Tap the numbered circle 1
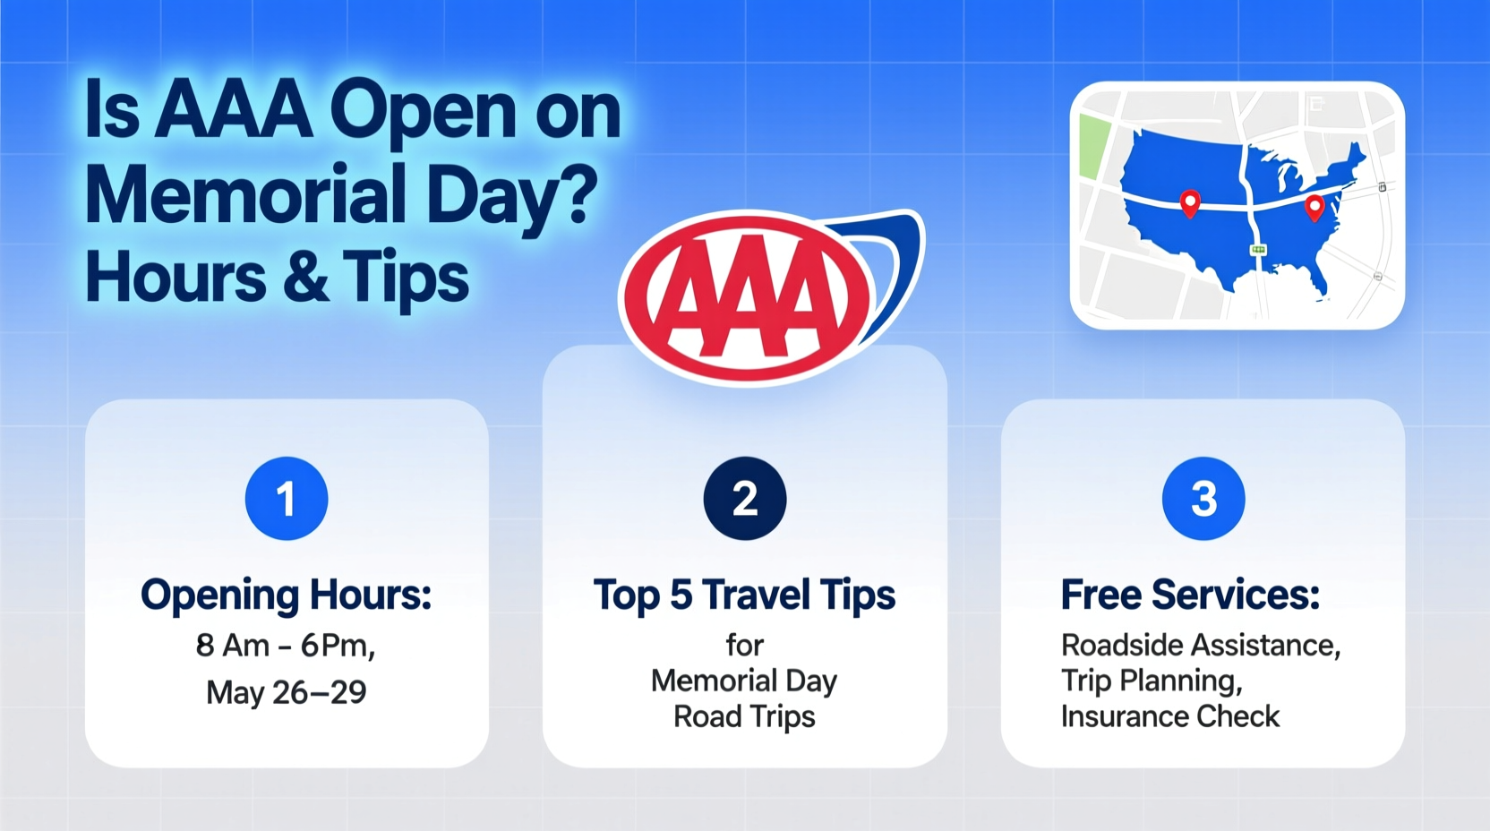(287, 499)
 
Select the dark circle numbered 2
(745, 499)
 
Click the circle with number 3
(1203, 499)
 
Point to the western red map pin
(1190, 202)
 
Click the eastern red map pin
(1314, 207)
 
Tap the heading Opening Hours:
(287, 595)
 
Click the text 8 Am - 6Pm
(285, 646)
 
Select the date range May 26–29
(287, 692)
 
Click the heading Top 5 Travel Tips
(744, 595)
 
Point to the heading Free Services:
(1190, 595)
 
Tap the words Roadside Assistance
(1200, 646)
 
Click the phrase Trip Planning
(1152, 681)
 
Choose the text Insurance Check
(1169, 716)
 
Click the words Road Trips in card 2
(744, 717)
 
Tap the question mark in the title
(581, 193)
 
